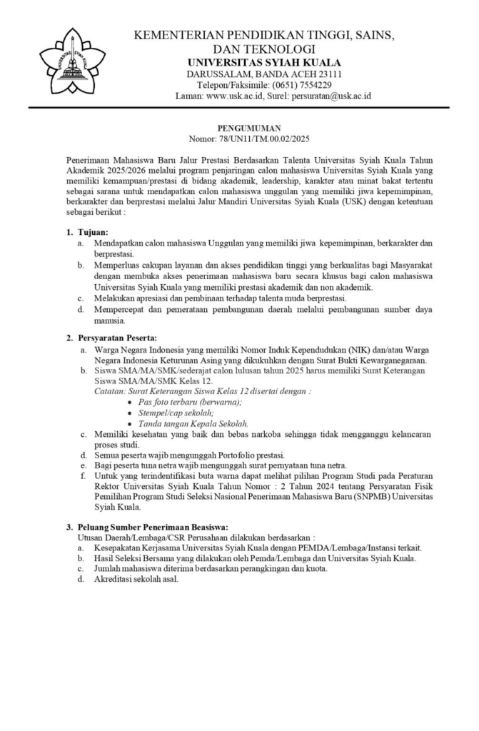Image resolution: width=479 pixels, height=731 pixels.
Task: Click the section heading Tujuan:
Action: pyautogui.click(x=92, y=232)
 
